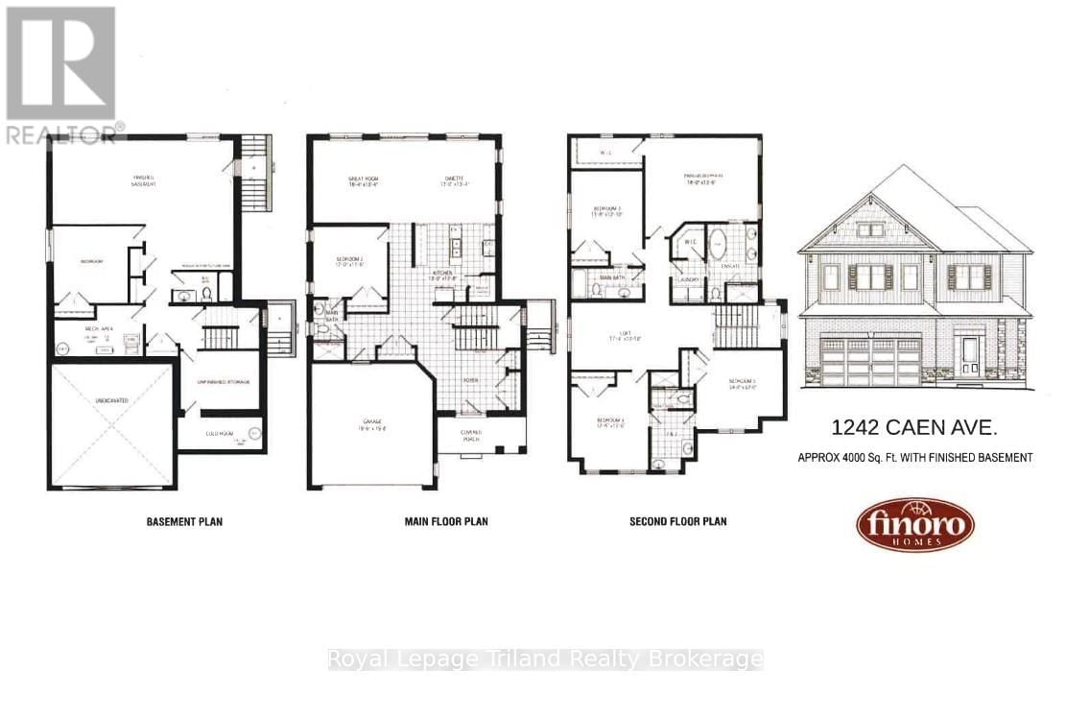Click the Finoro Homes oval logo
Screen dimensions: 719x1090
(x=914, y=525)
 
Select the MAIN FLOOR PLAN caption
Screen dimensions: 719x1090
(x=446, y=522)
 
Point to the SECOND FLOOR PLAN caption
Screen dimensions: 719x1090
(x=677, y=522)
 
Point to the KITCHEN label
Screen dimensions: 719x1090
(x=442, y=273)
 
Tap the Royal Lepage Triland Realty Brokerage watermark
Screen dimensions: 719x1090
(x=545, y=659)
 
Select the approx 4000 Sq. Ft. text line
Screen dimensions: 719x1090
(x=914, y=458)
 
